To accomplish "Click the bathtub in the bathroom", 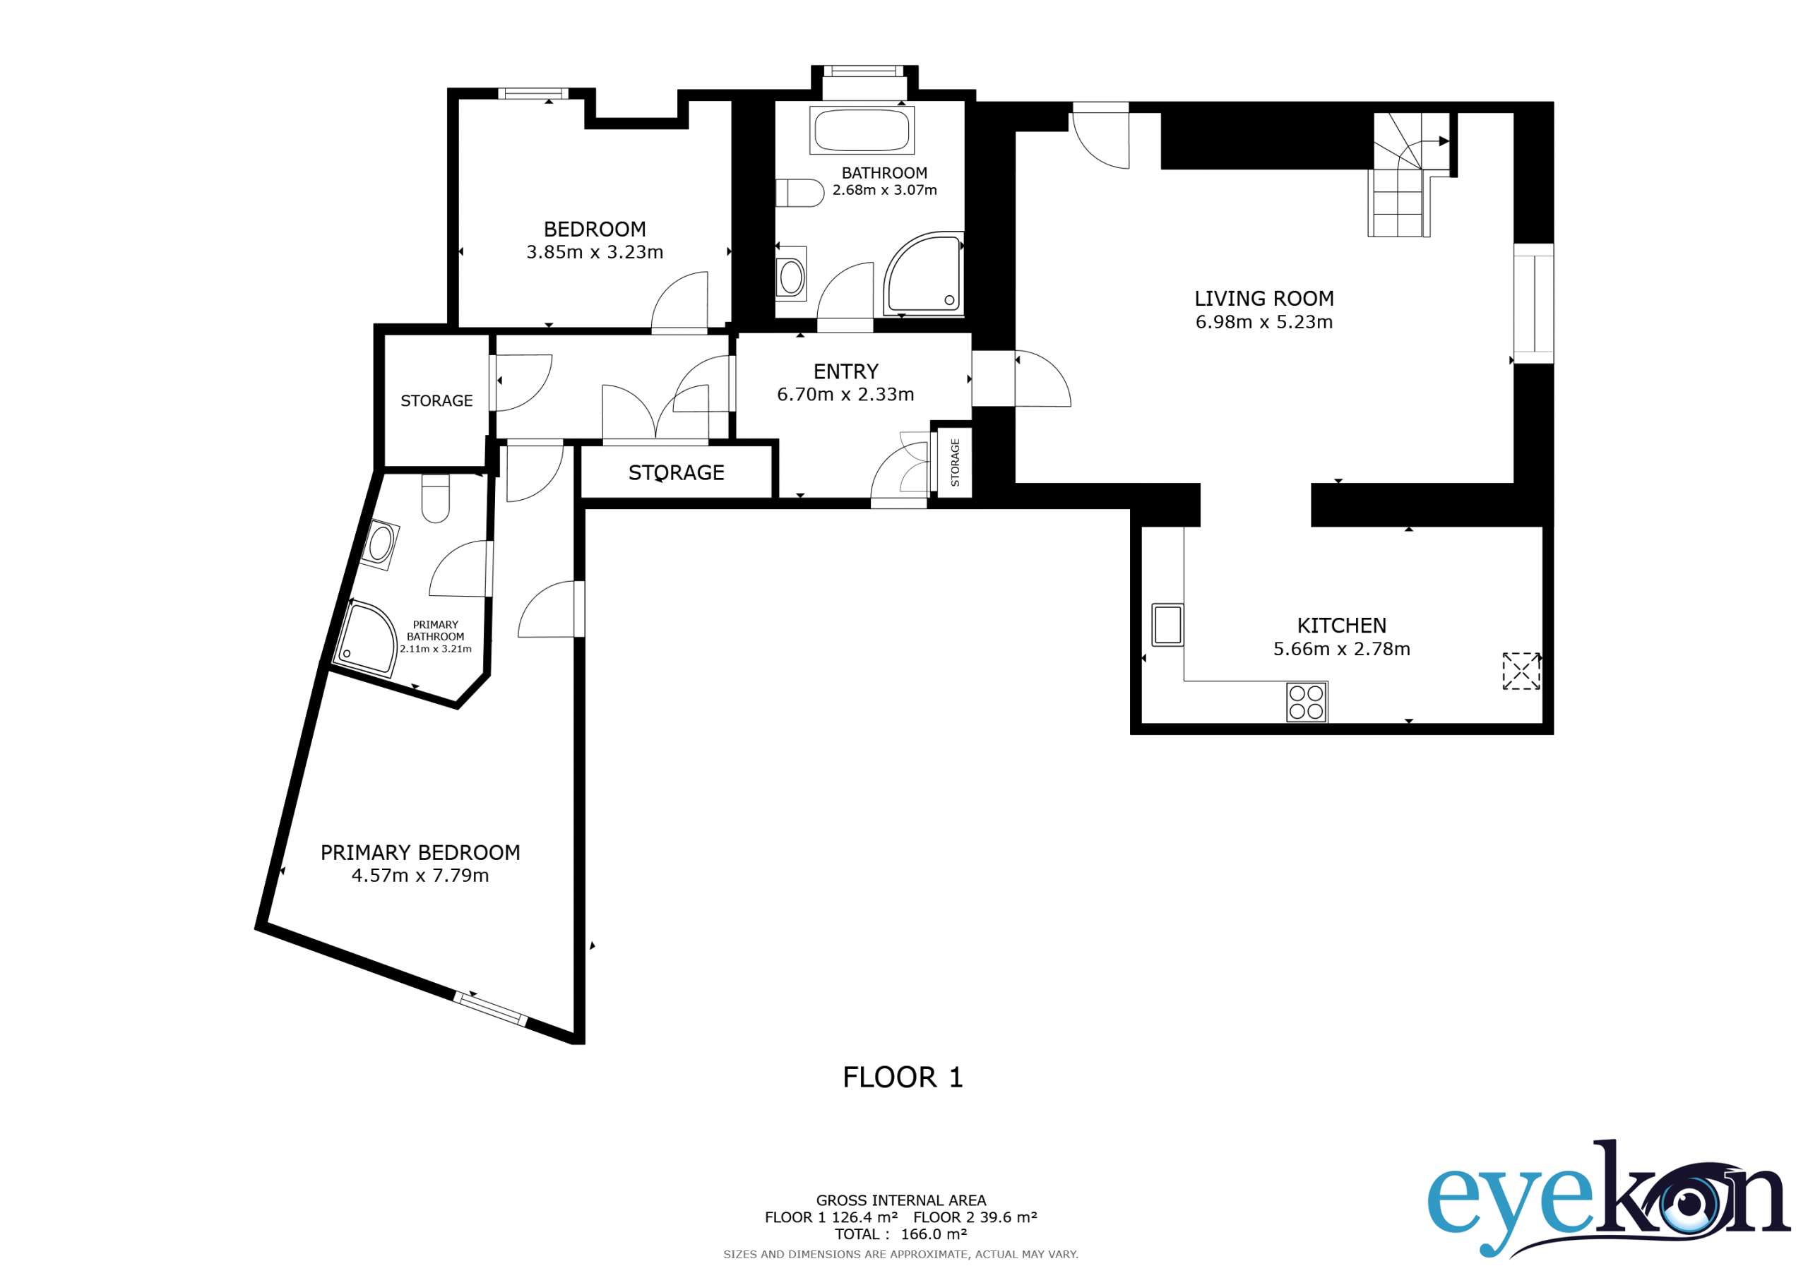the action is [x=862, y=130].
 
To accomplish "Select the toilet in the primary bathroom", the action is [x=436, y=498].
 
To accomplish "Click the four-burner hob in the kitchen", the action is [x=1307, y=703].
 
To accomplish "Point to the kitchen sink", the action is [x=1168, y=625].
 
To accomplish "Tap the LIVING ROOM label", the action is [x=1264, y=299].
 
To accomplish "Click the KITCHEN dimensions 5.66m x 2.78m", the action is [x=1342, y=649].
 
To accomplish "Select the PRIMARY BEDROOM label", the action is [x=420, y=853].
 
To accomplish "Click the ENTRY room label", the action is [x=845, y=371].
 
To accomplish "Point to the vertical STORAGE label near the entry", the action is [x=955, y=462].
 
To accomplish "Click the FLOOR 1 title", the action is [x=903, y=1077].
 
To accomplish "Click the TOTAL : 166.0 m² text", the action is [x=901, y=1234].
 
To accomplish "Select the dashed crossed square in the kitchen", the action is [x=1521, y=671].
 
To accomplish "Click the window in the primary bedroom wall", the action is [x=490, y=1009].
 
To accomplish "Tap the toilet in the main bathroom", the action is [x=800, y=193].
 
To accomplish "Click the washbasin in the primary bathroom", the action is [x=381, y=544].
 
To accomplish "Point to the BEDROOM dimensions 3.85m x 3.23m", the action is [x=595, y=252].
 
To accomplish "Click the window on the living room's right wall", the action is [x=1533, y=304].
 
